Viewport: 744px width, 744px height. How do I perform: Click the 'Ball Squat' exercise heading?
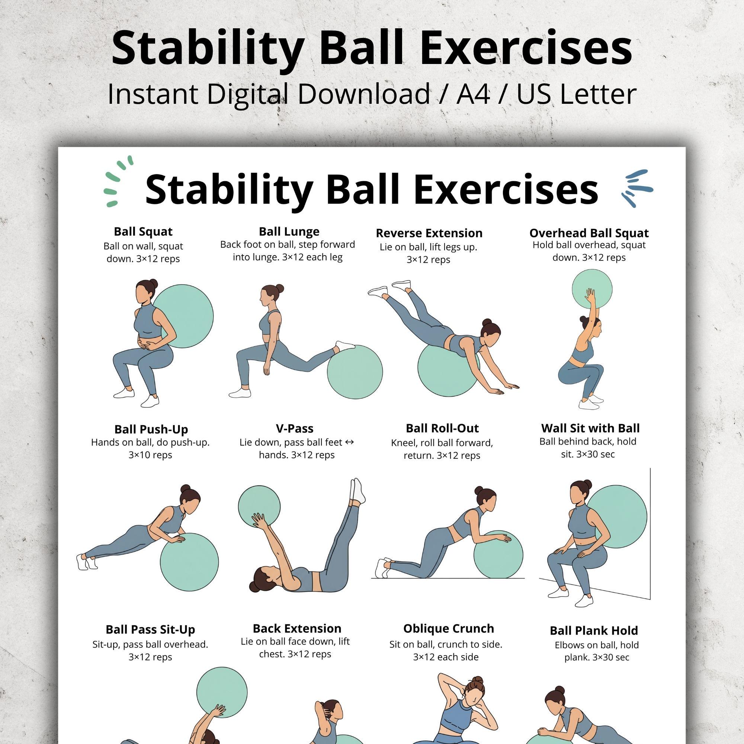pyautogui.click(x=143, y=232)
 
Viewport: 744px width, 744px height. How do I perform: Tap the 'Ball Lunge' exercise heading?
pyautogui.click(x=289, y=231)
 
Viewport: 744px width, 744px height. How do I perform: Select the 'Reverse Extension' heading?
pyautogui.click(x=429, y=233)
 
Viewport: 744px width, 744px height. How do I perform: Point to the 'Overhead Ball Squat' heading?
pyautogui.click(x=589, y=233)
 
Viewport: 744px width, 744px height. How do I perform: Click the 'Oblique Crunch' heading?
pyautogui.click(x=448, y=628)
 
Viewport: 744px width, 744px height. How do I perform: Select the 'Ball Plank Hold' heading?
pyautogui.click(x=593, y=631)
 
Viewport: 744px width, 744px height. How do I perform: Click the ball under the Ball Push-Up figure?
pyautogui.click(x=189, y=562)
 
